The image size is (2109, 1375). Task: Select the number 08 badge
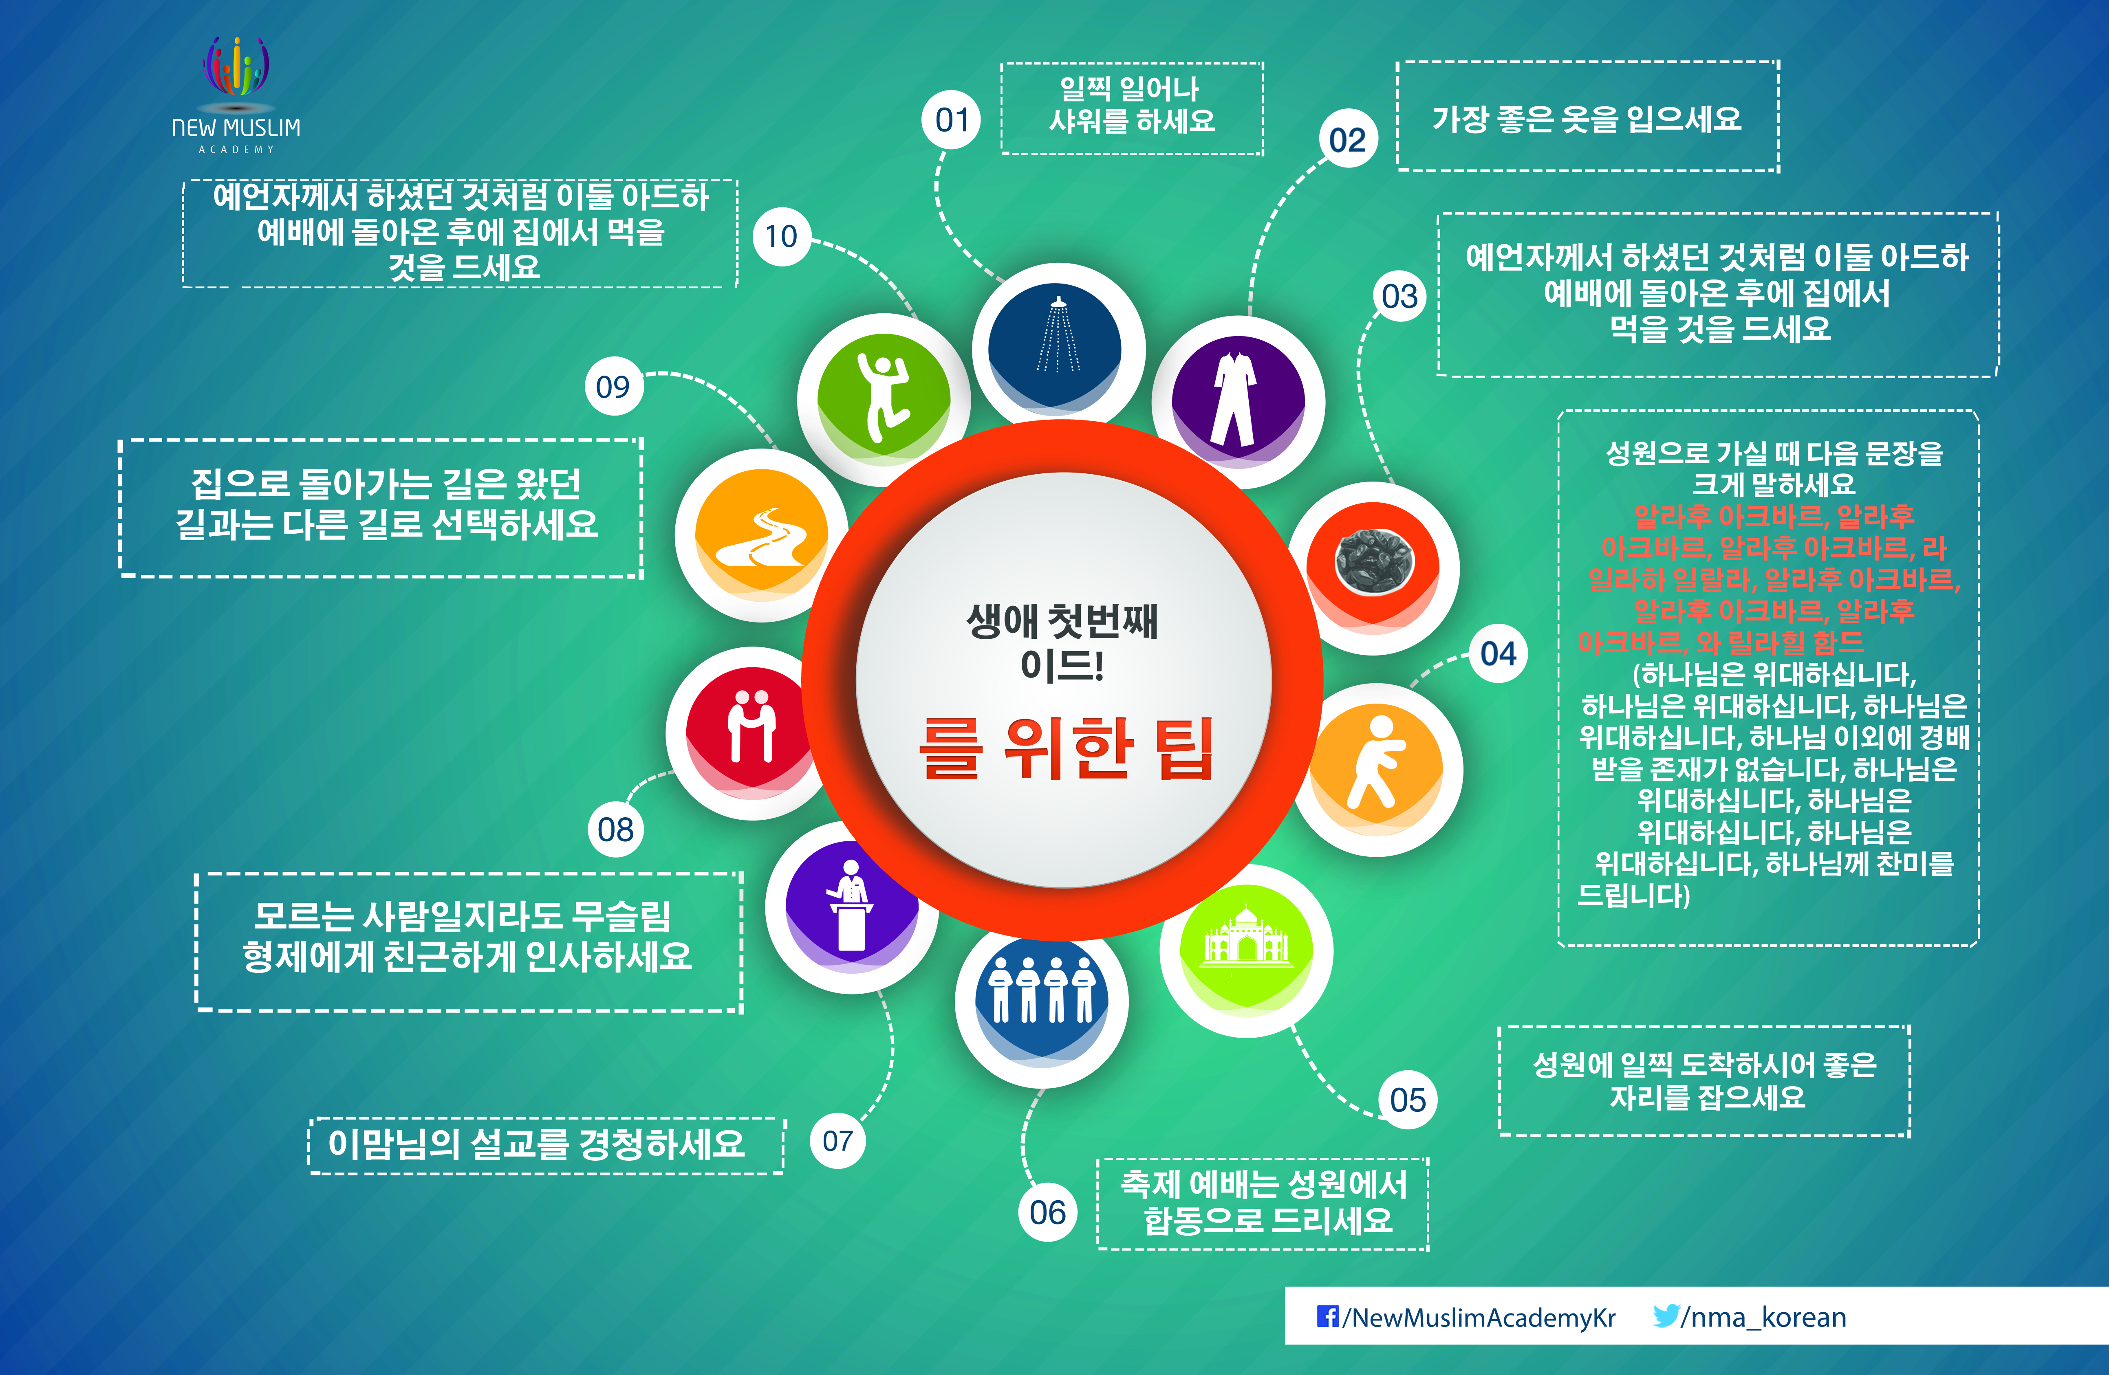pos(616,829)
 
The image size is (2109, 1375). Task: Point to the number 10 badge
pos(782,237)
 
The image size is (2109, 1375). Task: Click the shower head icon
pos(1058,335)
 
